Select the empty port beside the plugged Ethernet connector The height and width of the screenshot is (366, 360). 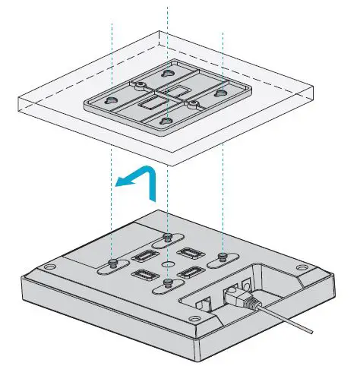click(203, 301)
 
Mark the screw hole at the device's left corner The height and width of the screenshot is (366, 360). click(49, 268)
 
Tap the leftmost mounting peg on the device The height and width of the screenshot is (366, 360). click(112, 263)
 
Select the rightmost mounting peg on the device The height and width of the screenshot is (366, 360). click(222, 256)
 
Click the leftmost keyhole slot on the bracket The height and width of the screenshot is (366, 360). click(111, 99)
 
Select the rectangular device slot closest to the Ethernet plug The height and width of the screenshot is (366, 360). click(190, 272)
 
